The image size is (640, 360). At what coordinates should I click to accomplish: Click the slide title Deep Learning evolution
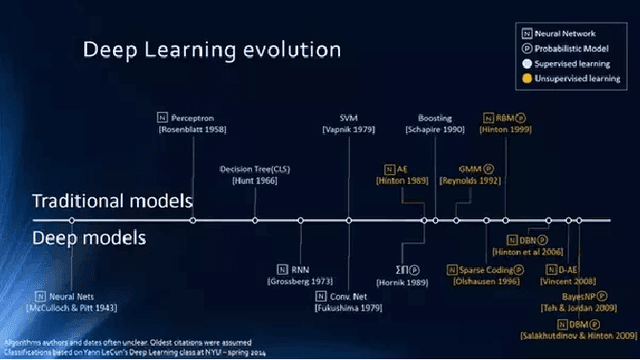pos(210,50)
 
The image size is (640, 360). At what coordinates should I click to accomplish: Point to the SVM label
pos(348,117)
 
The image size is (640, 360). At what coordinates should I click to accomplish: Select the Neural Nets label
pos(76,297)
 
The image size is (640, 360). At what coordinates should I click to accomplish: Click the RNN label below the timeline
pos(301,270)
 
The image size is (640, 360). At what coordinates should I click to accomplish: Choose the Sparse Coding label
pos(494,270)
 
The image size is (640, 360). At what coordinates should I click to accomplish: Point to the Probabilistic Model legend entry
pos(573,47)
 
